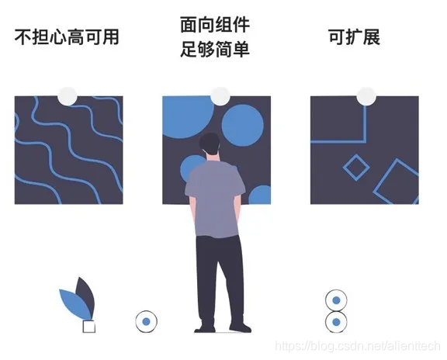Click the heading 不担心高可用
click(x=67, y=37)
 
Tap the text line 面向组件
click(x=215, y=25)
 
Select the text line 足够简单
click(x=215, y=49)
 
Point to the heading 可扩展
click(x=355, y=37)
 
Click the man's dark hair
click(x=210, y=143)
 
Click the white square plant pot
click(x=89, y=327)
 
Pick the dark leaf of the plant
click(x=86, y=296)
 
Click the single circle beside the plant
click(x=146, y=322)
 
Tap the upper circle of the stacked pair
click(x=336, y=300)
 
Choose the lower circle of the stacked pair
click(x=336, y=322)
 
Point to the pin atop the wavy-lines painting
click(x=68, y=96)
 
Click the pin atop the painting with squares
click(x=366, y=96)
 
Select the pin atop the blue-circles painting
click(x=220, y=96)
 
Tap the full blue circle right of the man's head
click(x=243, y=126)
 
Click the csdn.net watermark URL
click(x=358, y=346)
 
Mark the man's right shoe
click(x=240, y=327)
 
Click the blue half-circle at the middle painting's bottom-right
click(x=260, y=195)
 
